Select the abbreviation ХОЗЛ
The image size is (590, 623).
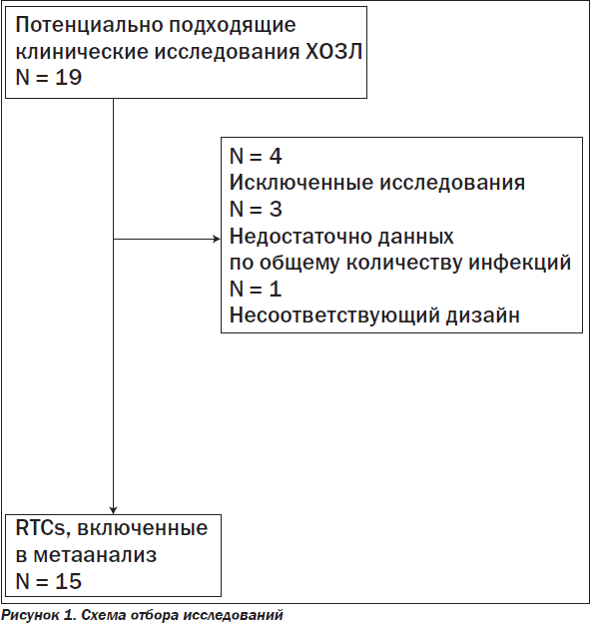(333, 52)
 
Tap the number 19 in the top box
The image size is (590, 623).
(68, 77)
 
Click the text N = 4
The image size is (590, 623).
(256, 156)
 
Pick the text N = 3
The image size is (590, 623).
(256, 209)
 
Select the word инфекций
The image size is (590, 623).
(520, 263)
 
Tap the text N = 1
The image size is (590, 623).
(256, 289)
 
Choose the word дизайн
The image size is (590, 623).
(483, 315)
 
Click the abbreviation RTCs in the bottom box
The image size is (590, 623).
(40, 528)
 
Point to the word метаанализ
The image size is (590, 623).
(95, 555)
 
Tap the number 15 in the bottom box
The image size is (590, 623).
(68, 581)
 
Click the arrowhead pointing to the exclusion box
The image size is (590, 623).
(217, 239)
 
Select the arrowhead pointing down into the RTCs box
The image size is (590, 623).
(113, 510)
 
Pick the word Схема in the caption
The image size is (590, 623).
(104, 615)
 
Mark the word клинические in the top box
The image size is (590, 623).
(82, 52)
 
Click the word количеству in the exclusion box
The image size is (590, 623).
(403, 263)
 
